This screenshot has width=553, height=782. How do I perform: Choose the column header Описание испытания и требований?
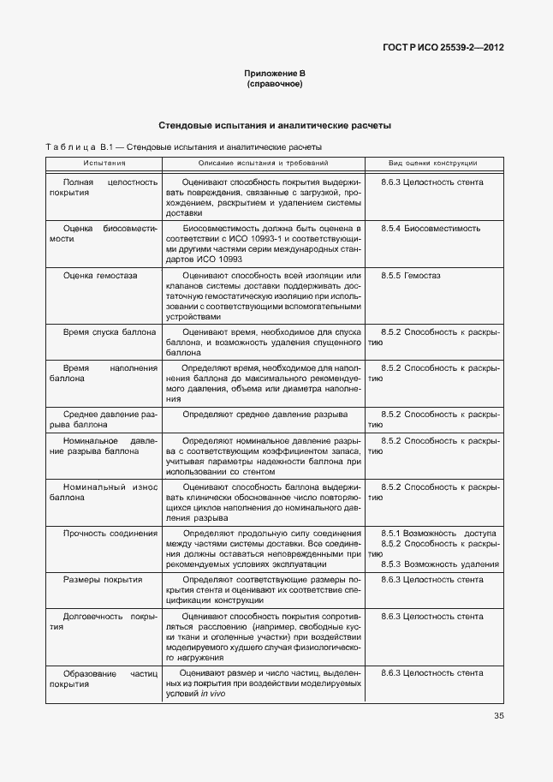click(262, 163)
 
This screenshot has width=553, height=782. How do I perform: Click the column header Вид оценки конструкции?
click(432, 163)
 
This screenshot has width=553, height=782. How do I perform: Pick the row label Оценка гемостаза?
click(100, 276)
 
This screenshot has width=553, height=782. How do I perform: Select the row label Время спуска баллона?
click(110, 331)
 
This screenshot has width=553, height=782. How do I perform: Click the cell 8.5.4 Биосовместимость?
click(431, 229)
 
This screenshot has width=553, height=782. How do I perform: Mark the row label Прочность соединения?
click(110, 533)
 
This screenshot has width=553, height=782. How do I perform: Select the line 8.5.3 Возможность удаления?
click(439, 564)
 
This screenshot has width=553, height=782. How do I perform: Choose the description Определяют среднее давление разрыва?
click(265, 414)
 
